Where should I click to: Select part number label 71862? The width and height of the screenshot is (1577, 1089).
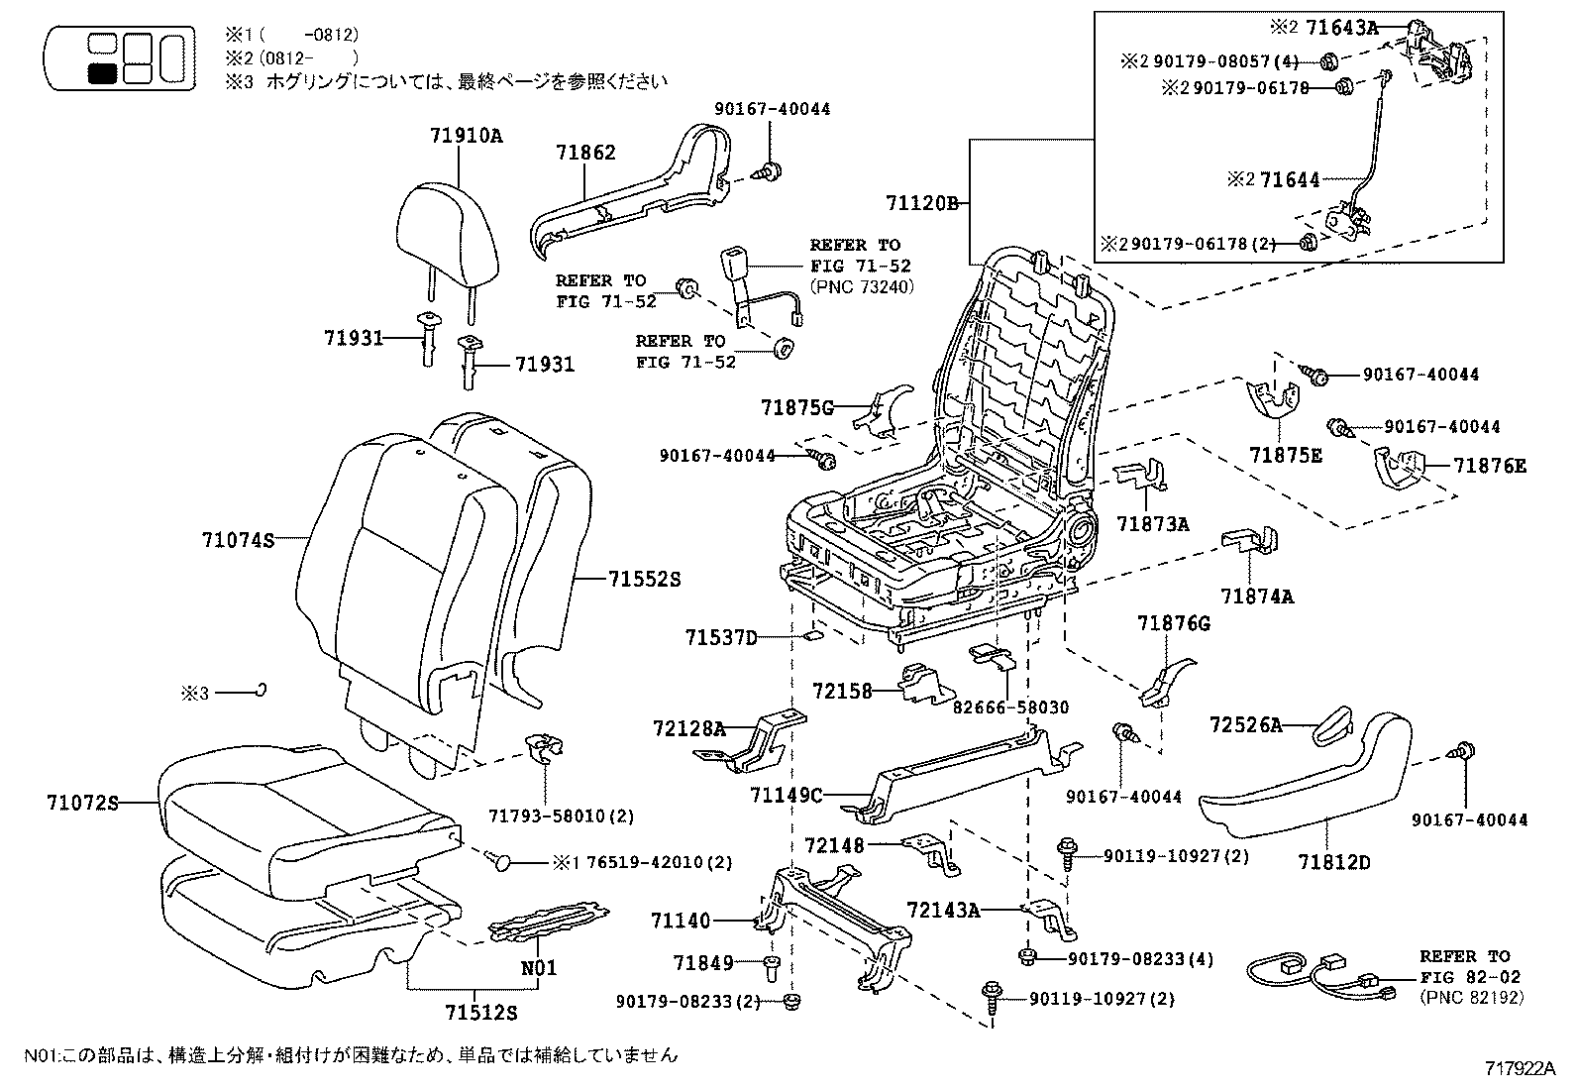584,153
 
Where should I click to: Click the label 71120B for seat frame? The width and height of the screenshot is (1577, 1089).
922,204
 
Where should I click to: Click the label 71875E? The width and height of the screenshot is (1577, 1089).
1285,455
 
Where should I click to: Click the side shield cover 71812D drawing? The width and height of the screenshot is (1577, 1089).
1308,783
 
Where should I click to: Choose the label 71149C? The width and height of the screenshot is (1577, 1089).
787,794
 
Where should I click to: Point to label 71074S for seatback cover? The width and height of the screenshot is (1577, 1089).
237,540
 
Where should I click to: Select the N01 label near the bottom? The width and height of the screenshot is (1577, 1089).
539,968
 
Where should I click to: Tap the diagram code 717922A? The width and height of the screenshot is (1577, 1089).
1522,1068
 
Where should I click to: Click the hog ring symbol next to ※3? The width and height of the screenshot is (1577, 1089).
261,690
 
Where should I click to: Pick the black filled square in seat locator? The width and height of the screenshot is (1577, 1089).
101,72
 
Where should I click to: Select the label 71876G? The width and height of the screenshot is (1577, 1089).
1173,623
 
